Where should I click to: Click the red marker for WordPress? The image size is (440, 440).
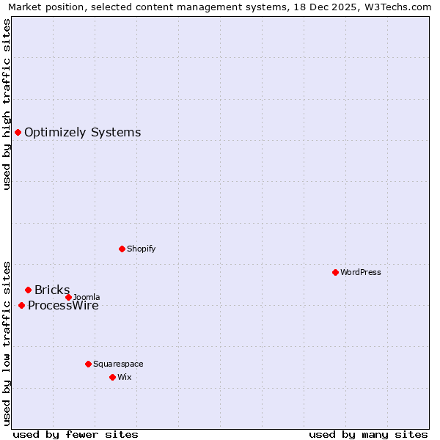[x=335, y=272]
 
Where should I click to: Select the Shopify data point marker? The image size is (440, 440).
[x=122, y=249]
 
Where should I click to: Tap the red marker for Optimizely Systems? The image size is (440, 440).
[x=18, y=132]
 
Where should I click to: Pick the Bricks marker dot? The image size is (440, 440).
[x=28, y=290]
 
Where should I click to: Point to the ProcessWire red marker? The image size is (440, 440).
[x=21, y=305]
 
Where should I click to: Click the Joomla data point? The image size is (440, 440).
[x=69, y=297]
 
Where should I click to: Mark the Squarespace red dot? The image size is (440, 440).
[x=88, y=364]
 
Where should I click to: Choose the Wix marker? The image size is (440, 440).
[x=112, y=377]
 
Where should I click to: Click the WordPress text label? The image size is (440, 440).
[x=361, y=272]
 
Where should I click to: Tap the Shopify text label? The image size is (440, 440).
[x=142, y=249]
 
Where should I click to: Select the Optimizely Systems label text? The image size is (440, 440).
[x=82, y=132]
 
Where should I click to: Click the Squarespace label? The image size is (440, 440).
[x=118, y=364]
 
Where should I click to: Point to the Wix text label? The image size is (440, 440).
[x=125, y=377]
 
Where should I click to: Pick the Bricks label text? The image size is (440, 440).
[x=52, y=290]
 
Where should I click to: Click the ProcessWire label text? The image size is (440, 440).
[x=63, y=306]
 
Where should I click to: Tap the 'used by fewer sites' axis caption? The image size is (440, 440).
[x=76, y=434]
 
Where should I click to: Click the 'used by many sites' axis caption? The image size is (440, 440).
[x=368, y=434]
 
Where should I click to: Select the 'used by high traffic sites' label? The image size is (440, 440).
[x=7, y=104]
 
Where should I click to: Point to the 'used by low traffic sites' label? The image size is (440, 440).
[x=7, y=342]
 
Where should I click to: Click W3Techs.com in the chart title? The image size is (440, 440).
[x=396, y=7]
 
